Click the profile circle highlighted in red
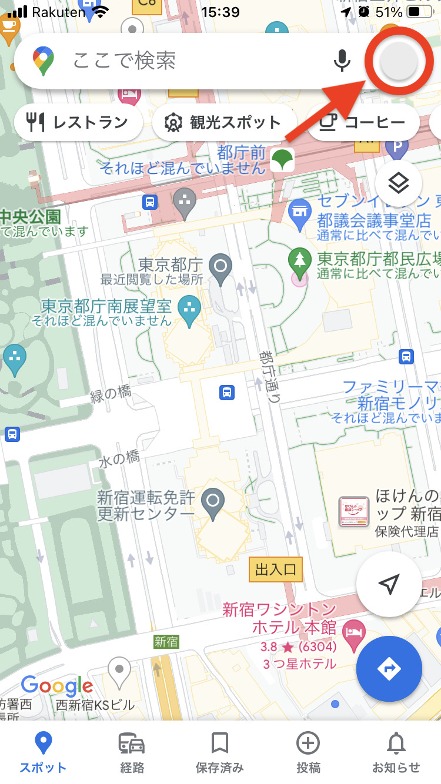(399, 61)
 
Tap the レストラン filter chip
(78, 122)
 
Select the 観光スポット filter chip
(223, 122)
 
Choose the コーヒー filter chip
(363, 122)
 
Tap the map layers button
(398, 183)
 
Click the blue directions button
(389, 669)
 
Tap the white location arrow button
(389, 584)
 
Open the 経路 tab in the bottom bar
(131, 752)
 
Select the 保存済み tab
(219, 752)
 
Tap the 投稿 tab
(308, 752)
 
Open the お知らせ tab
(396, 752)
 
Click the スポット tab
(43, 752)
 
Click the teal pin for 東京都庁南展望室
(189, 309)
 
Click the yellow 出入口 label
(275, 569)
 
